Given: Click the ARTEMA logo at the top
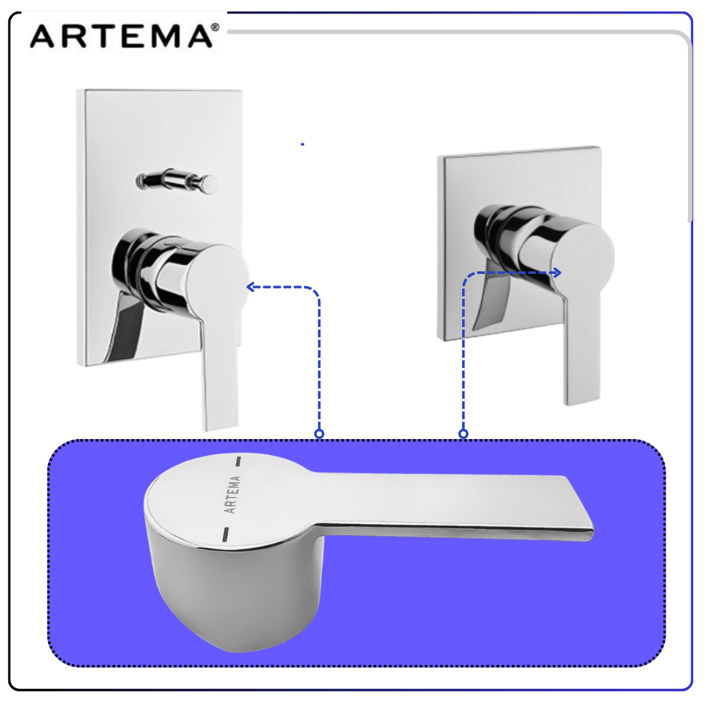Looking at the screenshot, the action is click(125, 35).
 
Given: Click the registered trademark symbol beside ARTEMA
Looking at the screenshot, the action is click(215, 28).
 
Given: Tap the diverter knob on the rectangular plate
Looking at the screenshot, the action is click(177, 181).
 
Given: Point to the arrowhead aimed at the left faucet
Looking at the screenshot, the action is click(251, 287).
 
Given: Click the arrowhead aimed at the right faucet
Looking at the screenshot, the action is click(557, 273).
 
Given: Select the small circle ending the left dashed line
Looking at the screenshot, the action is click(319, 434).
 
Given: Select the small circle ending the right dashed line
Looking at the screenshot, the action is click(463, 434).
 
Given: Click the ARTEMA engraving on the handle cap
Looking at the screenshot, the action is click(232, 494).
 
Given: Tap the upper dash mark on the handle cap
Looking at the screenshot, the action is click(239, 461).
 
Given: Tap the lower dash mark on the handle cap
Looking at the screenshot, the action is click(226, 534).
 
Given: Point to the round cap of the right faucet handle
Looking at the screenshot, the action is click(583, 258).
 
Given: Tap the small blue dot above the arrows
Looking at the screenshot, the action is click(303, 144).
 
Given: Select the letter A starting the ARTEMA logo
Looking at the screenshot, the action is click(42, 36).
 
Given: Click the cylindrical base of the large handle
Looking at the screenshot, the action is click(234, 593).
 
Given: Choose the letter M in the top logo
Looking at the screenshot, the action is click(164, 36).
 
